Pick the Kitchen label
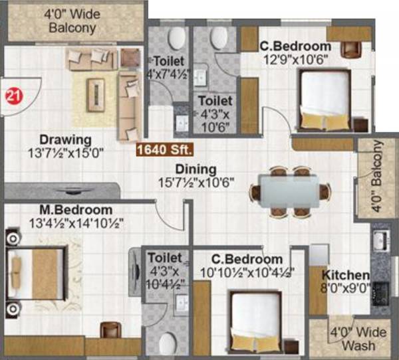point(346,275)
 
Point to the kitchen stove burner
point(381,291)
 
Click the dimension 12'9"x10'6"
point(295,58)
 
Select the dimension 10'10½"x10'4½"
point(247,271)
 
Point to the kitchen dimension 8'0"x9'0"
point(346,288)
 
